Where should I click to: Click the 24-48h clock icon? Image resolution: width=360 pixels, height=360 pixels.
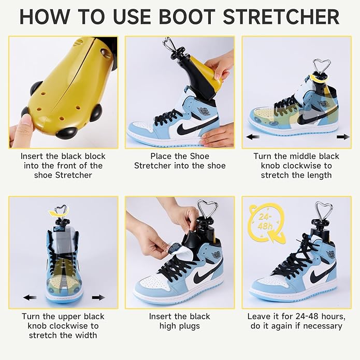click(266, 223)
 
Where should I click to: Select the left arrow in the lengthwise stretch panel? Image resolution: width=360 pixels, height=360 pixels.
click(253, 137)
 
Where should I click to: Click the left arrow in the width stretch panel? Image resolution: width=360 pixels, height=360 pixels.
click(30, 297)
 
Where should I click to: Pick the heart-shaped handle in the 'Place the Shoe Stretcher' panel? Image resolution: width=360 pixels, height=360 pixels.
click(169, 45)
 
